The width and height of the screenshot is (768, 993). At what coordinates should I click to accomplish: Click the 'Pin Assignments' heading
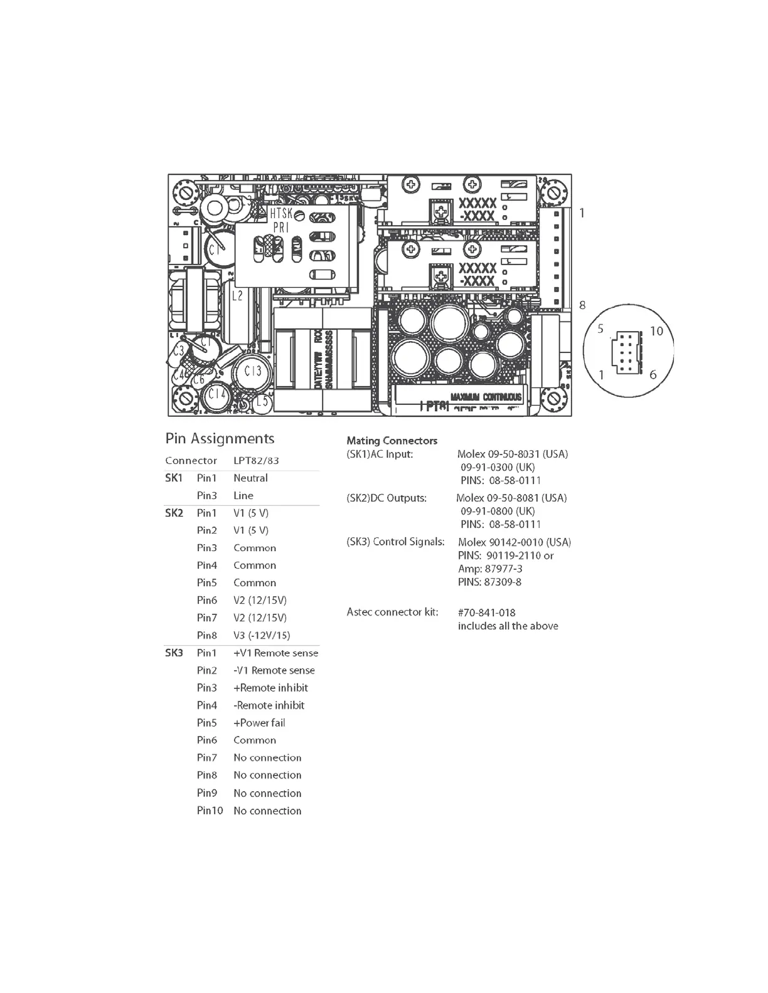220,439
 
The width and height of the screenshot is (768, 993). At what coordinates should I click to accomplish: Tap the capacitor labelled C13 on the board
252,372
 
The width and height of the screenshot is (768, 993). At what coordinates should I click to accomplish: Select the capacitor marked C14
216,394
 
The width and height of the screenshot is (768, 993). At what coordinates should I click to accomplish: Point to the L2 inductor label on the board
237,296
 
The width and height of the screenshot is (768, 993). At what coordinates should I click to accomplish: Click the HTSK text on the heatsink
280,214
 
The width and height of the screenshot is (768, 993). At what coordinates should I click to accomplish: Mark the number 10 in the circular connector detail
656,331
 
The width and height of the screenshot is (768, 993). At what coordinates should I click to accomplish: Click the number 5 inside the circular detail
600,330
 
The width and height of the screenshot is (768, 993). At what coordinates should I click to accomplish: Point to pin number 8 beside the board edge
582,305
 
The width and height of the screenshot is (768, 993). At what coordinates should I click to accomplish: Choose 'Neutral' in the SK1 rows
250,478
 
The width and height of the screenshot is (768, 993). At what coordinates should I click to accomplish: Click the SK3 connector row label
174,653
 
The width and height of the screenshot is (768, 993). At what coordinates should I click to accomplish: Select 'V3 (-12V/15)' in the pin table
262,636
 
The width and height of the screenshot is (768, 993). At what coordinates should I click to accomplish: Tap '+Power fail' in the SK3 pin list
259,723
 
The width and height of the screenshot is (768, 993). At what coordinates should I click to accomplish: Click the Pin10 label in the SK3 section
210,811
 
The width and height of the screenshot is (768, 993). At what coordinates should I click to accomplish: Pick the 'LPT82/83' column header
256,461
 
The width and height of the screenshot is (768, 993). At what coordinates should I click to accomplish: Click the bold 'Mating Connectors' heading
392,441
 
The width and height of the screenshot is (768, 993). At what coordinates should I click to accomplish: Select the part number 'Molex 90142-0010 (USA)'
514,542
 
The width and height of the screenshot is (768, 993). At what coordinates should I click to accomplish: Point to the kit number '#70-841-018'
486,613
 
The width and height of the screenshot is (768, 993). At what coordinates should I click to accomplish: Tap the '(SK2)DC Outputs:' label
386,498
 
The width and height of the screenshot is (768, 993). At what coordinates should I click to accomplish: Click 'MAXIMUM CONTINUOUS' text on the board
486,397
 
